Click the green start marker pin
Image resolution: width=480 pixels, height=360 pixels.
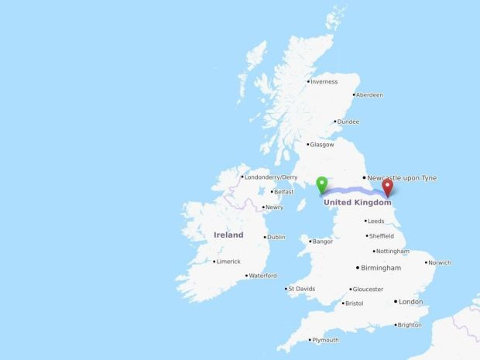pyautogui.click(x=321, y=185)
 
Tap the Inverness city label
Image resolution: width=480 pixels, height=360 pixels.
pyautogui.click(x=324, y=81)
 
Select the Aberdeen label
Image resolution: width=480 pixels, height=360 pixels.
pyautogui.click(x=369, y=94)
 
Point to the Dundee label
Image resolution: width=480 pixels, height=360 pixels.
pyautogui.click(x=348, y=122)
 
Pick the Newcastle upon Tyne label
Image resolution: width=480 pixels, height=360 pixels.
pyautogui.click(x=401, y=178)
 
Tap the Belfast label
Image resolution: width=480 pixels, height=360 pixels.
pyautogui.click(x=284, y=191)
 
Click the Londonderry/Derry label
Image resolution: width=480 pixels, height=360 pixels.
pyautogui.click(x=271, y=177)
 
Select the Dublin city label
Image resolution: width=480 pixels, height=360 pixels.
pyautogui.click(x=276, y=237)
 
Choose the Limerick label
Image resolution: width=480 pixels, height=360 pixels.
pyautogui.click(x=228, y=262)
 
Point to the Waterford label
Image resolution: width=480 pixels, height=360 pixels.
pyautogui.click(x=263, y=276)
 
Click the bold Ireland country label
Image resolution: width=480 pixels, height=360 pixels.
pyautogui.click(x=228, y=235)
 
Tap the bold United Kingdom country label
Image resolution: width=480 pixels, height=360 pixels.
pyautogui.click(x=358, y=202)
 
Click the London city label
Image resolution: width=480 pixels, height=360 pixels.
pyautogui.click(x=411, y=301)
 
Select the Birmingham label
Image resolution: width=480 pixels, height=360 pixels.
pyautogui.click(x=382, y=268)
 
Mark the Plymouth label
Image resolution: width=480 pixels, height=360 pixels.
pyautogui.click(x=324, y=340)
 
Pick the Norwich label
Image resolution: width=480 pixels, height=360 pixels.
pyautogui.click(x=439, y=262)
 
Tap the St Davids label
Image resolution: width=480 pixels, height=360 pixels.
pyautogui.click(x=301, y=289)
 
